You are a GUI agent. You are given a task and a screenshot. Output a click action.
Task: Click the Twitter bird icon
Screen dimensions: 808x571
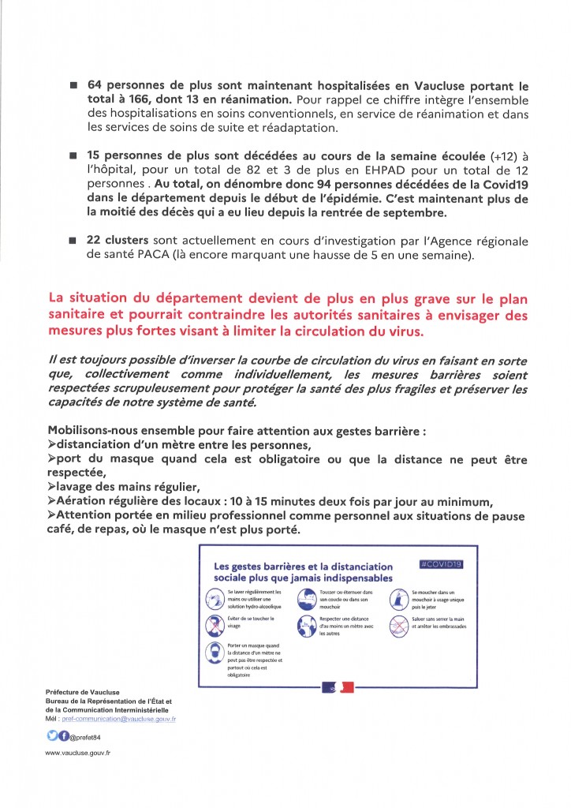coord(51,736)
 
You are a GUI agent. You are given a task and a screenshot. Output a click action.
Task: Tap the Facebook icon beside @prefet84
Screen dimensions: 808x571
coord(63,736)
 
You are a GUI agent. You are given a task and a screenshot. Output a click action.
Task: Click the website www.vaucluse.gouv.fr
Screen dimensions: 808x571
coord(78,754)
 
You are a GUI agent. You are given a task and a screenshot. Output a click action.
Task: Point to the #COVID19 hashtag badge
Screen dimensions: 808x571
coord(441,564)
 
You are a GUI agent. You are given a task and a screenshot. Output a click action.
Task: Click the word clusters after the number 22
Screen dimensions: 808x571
coord(139,241)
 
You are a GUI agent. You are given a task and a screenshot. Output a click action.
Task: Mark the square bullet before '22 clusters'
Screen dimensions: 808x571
coord(73,241)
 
